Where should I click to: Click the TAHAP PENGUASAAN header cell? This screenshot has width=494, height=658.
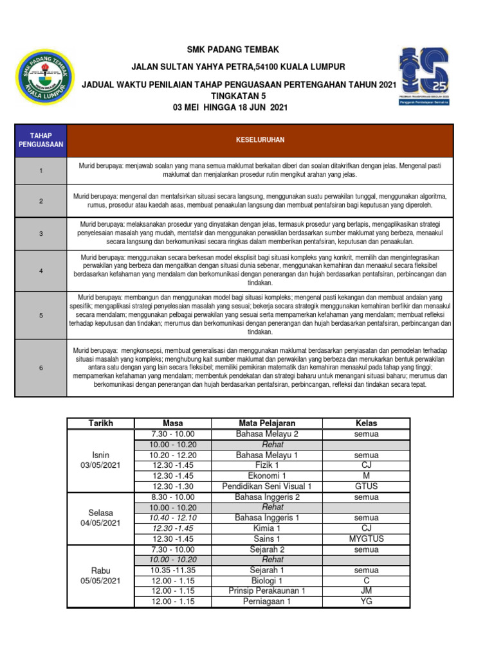pyautogui.click(x=41, y=140)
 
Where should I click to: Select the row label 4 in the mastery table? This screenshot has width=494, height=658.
pyautogui.click(x=41, y=270)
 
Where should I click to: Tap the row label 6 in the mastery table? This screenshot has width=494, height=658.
pyautogui.click(x=41, y=368)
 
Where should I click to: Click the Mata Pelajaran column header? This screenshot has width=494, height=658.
pyautogui.click(x=267, y=423)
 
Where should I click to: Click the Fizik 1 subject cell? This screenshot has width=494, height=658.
pyautogui.click(x=267, y=465)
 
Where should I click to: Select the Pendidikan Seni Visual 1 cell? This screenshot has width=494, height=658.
pyautogui.click(x=267, y=486)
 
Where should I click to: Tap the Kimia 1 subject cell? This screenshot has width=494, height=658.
pyautogui.click(x=267, y=528)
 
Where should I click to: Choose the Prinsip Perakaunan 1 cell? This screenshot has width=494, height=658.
pyautogui.click(x=267, y=591)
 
